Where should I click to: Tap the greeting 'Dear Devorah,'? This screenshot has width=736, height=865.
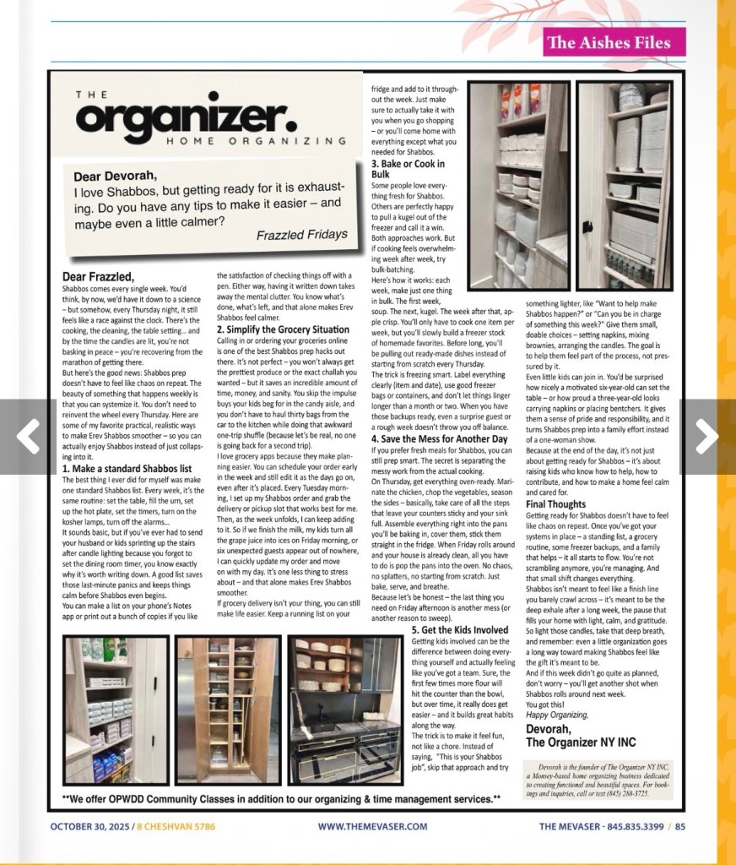click(115, 177)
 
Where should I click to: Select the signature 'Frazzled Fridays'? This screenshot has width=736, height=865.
click(301, 234)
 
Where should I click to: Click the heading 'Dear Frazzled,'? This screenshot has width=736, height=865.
click(98, 276)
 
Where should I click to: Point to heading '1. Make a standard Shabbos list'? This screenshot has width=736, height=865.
click(127, 469)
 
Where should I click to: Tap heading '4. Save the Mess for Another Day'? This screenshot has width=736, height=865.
click(440, 439)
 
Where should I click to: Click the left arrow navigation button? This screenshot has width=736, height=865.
click(29, 437)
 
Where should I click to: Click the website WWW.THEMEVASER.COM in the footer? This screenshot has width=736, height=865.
click(372, 827)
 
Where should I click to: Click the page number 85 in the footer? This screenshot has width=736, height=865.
click(679, 827)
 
